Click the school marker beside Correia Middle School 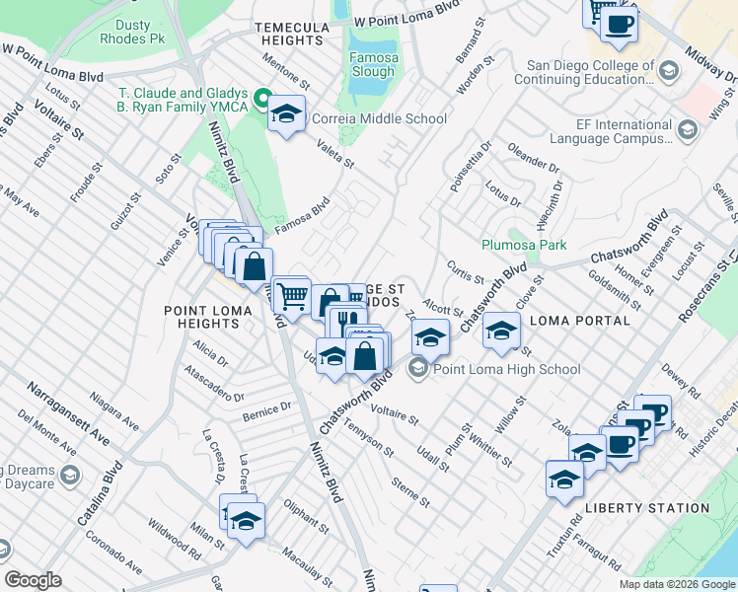(x=286, y=114)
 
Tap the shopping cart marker (x=291, y=294)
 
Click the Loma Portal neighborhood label (x=580, y=321)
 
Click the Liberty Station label (x=647, y=508)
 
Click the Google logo (x=34, y=580)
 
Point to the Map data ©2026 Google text (x=676, y=584)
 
